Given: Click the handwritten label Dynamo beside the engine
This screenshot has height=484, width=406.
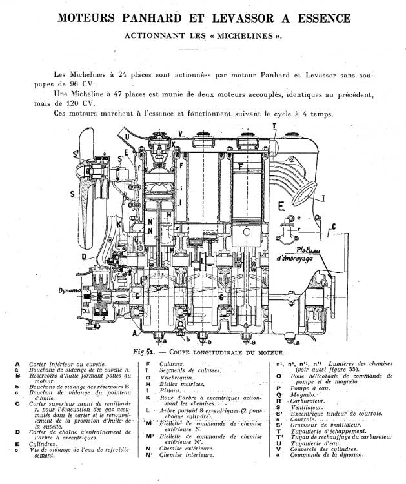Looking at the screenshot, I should pos(67,292).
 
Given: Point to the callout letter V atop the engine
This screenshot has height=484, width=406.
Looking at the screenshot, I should pos(179,134).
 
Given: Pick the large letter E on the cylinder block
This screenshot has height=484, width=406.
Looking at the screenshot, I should pos(281,207).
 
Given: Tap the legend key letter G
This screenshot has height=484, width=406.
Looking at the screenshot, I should pos(148,376).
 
